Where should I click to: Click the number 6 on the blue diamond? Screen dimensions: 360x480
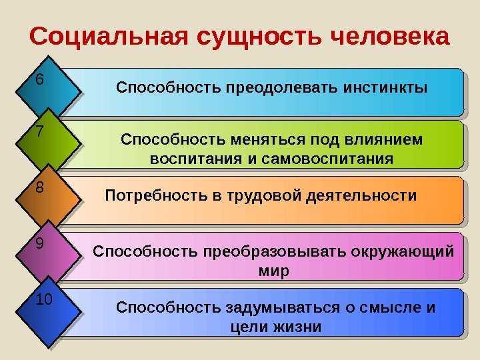tap(40, 80)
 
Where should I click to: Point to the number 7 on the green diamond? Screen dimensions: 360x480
tap(40, 131)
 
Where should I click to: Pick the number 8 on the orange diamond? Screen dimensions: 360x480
tap(40, 188)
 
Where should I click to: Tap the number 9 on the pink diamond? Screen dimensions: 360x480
tap(40, 244)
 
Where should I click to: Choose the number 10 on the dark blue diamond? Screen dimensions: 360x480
tap(43, 299)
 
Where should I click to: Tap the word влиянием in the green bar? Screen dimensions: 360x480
tap(391, 141)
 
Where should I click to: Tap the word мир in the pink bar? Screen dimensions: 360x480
tap(273, 271)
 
